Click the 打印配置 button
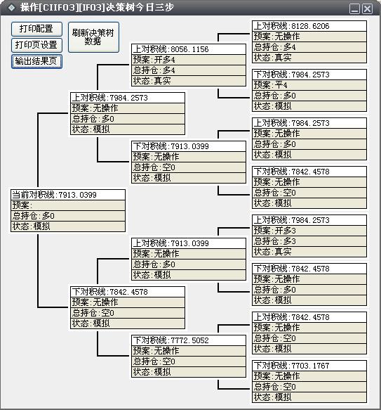tap(36, 29)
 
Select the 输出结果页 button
tap(36, 61)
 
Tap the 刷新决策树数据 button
tap(93, 37)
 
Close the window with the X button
tap(368, 9)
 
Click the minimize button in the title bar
tap(354, 9)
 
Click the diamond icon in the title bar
tap(11, 7)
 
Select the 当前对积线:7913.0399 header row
tap(68, 195)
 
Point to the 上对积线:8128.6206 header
tap(309, 26)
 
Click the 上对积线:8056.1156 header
tap(189, 49)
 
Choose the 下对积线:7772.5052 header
tap(189, 340)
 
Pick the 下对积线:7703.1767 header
tap(309, 366)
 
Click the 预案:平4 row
tap(309, 85)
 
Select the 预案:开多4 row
tap(189, 60)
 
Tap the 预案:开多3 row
tap(309, 231)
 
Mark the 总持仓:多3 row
tap(309, 241)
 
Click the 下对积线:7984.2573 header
tap(309, 75)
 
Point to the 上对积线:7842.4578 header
tap(309, 317)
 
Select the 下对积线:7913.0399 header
tap(189, 146)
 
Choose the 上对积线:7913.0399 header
tap(189, 243)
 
